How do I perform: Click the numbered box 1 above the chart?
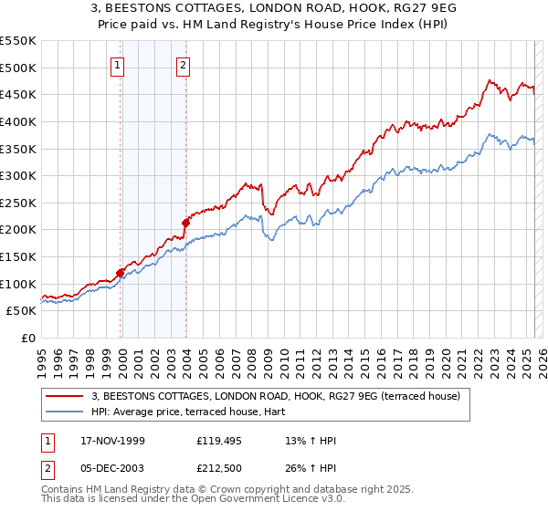pyautogui.click(x=120, y=65)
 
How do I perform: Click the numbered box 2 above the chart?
pyautogui.click(x=184, y=65)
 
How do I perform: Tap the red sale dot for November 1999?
pyautogui.click(x=120, y=272)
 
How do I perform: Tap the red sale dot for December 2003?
pyautogui.click(x=185, y=222)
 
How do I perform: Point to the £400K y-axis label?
pyautogui.click(x=18, y=121)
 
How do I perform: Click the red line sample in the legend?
pyautogui.click(x=65, y=396)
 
